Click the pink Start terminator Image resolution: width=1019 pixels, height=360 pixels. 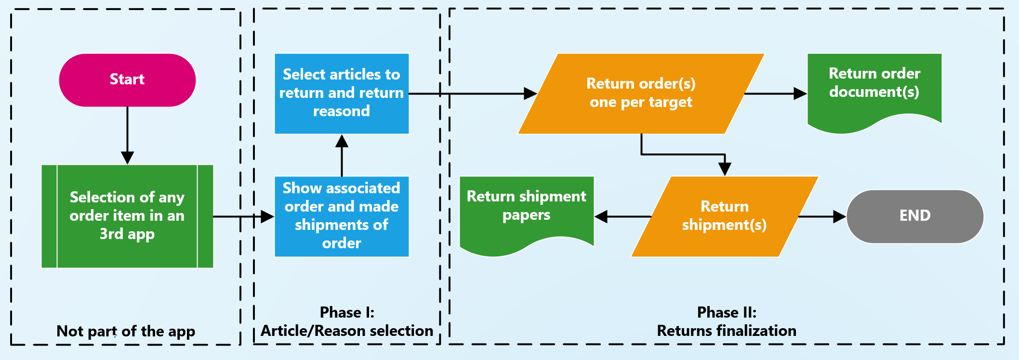click(x=127, y=80)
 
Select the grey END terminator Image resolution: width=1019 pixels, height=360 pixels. click(x=914, y=216)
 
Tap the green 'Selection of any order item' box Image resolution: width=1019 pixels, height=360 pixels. click(x=127, y=216)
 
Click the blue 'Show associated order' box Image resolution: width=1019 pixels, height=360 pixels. click(x=342, y=216)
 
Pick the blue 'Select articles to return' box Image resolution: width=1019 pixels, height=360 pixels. click(x=342, y=93)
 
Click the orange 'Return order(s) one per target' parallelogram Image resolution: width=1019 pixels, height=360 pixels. click(x=641, y=93)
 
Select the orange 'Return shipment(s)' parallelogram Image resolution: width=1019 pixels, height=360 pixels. click(x=724, y=216)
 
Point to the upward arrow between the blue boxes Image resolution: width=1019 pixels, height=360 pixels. click(x=342, y=155)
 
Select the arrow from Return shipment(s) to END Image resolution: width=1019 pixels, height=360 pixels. click(x=822, y=216)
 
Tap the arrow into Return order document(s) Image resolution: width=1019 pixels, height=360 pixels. click(x=776, y=93)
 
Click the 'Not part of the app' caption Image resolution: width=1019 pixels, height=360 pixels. click(x=126, y=331)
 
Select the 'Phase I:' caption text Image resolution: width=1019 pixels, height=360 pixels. click(x=347, y=312)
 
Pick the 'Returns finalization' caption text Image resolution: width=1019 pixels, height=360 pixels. click(x=727, y=331)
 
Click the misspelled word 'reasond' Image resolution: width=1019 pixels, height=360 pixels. click(x=342, y=111)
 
